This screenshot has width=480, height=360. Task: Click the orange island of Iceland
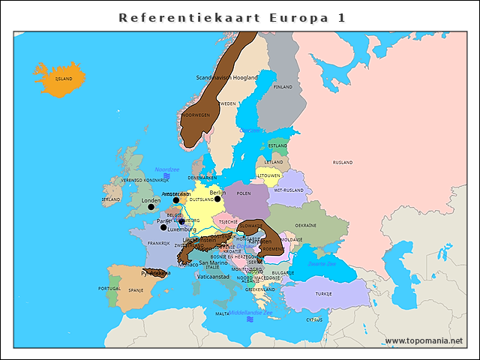59,78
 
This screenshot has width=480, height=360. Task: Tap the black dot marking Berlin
217,199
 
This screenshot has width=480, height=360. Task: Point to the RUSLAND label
343,162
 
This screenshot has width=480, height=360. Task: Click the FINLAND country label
283,87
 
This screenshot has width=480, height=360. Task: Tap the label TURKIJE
323,293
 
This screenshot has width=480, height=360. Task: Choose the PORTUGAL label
109,289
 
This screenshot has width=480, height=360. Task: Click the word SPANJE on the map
136,290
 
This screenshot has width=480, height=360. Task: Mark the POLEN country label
244,193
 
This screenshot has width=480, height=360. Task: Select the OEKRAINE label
305,225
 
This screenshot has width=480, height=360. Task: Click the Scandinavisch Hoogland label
226,77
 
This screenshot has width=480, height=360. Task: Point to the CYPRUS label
314,319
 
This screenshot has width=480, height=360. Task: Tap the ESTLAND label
277,145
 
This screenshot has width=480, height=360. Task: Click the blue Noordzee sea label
167,169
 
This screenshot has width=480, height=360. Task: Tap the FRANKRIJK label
159,243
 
